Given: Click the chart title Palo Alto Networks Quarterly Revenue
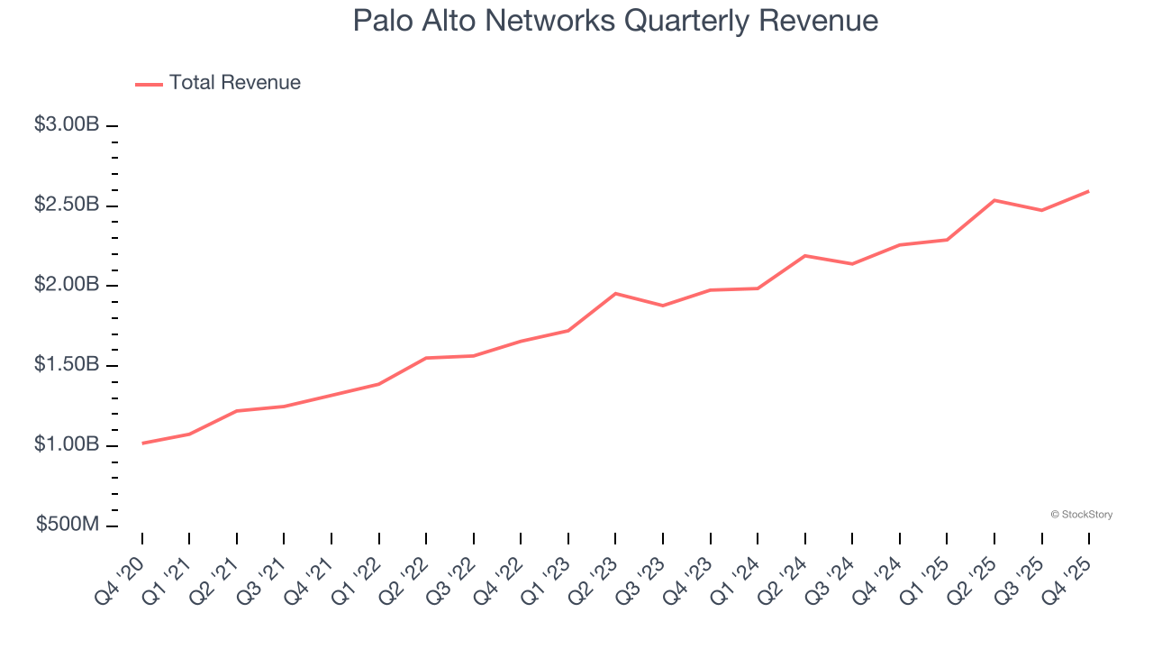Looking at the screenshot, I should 615,21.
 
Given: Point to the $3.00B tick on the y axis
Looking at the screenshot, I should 67,125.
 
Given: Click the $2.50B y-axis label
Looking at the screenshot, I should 67,206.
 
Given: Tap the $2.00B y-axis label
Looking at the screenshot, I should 67,286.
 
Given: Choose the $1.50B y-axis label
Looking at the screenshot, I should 67,365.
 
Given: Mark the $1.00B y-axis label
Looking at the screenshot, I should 67,445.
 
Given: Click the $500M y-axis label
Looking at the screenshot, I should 68,525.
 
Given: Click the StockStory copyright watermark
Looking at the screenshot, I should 1081,515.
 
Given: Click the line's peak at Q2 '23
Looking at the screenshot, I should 615,293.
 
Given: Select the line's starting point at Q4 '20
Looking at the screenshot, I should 142,443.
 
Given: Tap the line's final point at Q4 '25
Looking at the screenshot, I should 1089,191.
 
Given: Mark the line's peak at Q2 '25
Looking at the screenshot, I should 994,200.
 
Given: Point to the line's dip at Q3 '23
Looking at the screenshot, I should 663,306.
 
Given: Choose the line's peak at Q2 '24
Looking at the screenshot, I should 804,256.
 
